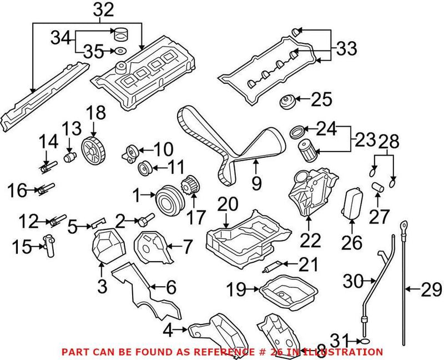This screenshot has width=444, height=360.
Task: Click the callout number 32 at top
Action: point(100,10)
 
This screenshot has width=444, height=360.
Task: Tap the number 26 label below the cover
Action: point(352,242)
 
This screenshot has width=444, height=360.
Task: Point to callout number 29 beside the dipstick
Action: point(430,289)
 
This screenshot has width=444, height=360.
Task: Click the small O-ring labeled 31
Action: point(364,340)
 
